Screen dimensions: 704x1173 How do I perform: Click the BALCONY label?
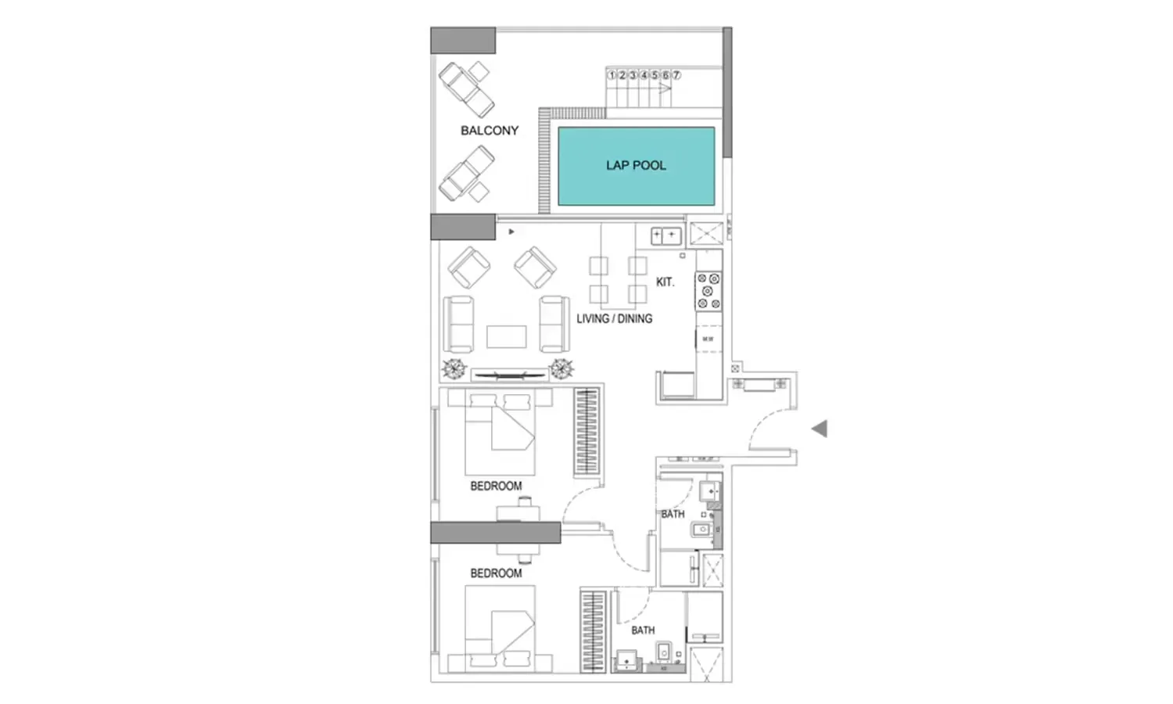pos(489,131)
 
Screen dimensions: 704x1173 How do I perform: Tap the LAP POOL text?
pos(636,166)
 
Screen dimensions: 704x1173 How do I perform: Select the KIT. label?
pos(665,282)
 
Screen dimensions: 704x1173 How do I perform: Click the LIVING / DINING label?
pos(614,319)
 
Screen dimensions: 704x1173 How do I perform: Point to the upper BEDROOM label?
pos(496,486)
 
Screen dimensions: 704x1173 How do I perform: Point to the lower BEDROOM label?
pos(496,573)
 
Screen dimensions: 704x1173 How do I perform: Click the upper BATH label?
pos(673,514)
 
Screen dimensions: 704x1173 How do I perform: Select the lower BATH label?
pos(643,630)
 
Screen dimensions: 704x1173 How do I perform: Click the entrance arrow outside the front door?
pos(819,429)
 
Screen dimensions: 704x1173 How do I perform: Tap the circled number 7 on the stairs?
pos(676,75)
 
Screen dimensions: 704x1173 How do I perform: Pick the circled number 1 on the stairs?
pos(612,75)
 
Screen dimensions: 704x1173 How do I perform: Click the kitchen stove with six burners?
pos(708,291)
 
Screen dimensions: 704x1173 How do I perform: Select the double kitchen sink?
pos(665,235)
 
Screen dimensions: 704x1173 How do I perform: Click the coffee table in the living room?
pos(506,336)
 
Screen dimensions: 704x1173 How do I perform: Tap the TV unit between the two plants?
pos(508,375)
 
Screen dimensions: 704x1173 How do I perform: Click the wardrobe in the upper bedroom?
pos(586,431)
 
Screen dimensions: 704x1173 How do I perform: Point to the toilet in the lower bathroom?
pos(664,651)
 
